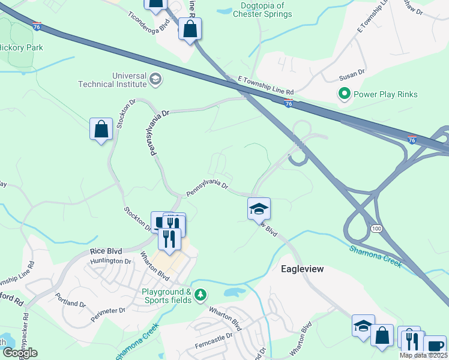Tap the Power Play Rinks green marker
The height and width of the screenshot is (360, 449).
point(345,94)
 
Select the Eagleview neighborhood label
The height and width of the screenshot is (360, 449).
point(303,269)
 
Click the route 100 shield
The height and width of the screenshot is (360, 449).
point(376,229)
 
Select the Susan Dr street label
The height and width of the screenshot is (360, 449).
point(352,73)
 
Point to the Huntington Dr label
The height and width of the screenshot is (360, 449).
point(110,261)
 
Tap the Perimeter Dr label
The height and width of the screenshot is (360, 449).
point(109,311)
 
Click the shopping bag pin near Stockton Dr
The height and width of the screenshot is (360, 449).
point(101,129)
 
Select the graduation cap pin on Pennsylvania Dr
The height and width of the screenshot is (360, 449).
point(259,209)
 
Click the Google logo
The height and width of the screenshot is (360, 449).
point(19,353)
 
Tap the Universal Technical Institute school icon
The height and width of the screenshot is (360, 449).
point(155,79)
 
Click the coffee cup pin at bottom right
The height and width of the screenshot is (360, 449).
point(435,346)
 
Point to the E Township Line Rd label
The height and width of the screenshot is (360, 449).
point(265,84)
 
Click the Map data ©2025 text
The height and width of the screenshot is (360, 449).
point(423,355)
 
